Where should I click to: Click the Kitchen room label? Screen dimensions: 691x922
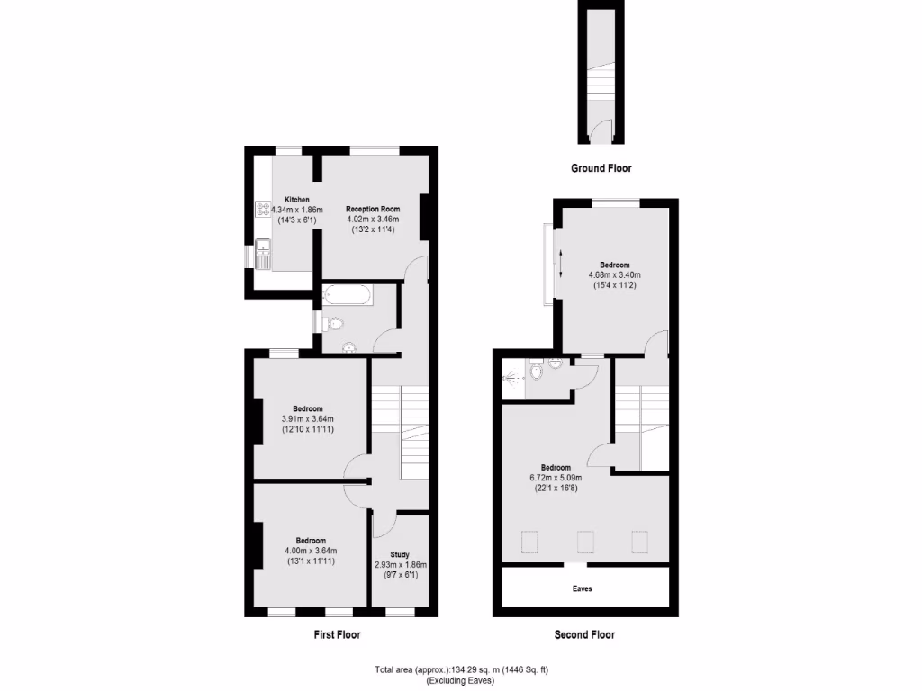(x=297, y=200)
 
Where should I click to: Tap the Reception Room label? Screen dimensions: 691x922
(x=373, y=209)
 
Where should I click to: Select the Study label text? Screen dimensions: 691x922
(x=400, y=555)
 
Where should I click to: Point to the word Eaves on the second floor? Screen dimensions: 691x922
(x=583, y=588)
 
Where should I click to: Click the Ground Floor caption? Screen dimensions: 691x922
(x=601, y=168)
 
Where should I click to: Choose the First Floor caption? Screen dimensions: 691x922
(x=337, y=634)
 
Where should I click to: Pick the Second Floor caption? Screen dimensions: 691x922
(x=584, y=634)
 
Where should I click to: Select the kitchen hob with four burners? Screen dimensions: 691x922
(x=263, y=209)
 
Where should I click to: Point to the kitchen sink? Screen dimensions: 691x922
(x=263, y=254)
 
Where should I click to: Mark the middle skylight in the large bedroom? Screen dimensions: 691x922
(x=586, y=542)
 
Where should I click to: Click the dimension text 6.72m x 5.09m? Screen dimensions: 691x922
(x=556, y=478)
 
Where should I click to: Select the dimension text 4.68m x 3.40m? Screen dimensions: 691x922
(x=614, y=274)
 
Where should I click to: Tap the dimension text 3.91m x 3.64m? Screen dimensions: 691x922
(x=308, y=418)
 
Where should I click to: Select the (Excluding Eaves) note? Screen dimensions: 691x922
(x=461, y=680)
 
